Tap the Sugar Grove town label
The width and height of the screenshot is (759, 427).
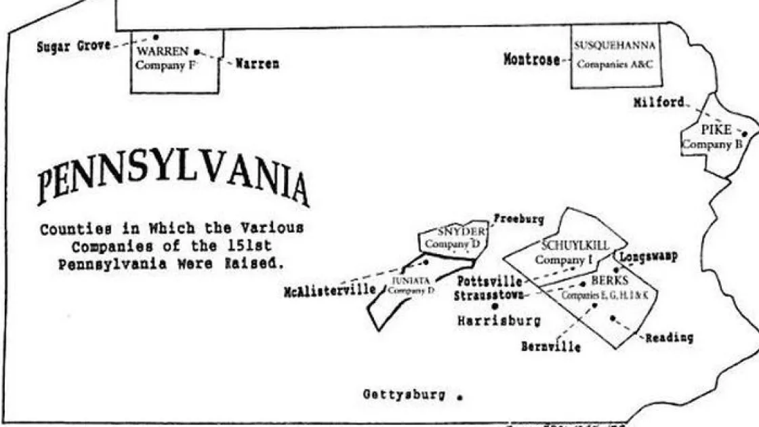click(73, 47)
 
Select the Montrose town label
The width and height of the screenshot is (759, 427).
click(532, 60)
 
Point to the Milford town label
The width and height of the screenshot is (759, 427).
click(659, 102)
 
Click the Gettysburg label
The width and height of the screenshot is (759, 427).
click(405, 394)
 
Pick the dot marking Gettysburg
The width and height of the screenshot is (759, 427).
click(460, 397)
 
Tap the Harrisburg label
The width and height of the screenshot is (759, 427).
click(499, 321)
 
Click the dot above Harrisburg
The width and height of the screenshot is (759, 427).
click(495, 306)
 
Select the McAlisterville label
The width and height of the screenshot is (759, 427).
click(330, 291)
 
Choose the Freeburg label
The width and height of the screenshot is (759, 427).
click(518, 219)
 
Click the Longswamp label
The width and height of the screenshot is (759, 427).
click(649, 257)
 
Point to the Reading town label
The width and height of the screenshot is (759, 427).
click(669, 338)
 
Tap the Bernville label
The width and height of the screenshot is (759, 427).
click(550, 347)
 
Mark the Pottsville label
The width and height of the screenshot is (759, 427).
click(489, 281)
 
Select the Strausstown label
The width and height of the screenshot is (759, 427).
click(489, 296)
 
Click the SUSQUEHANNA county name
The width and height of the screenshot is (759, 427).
click(615, 46)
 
